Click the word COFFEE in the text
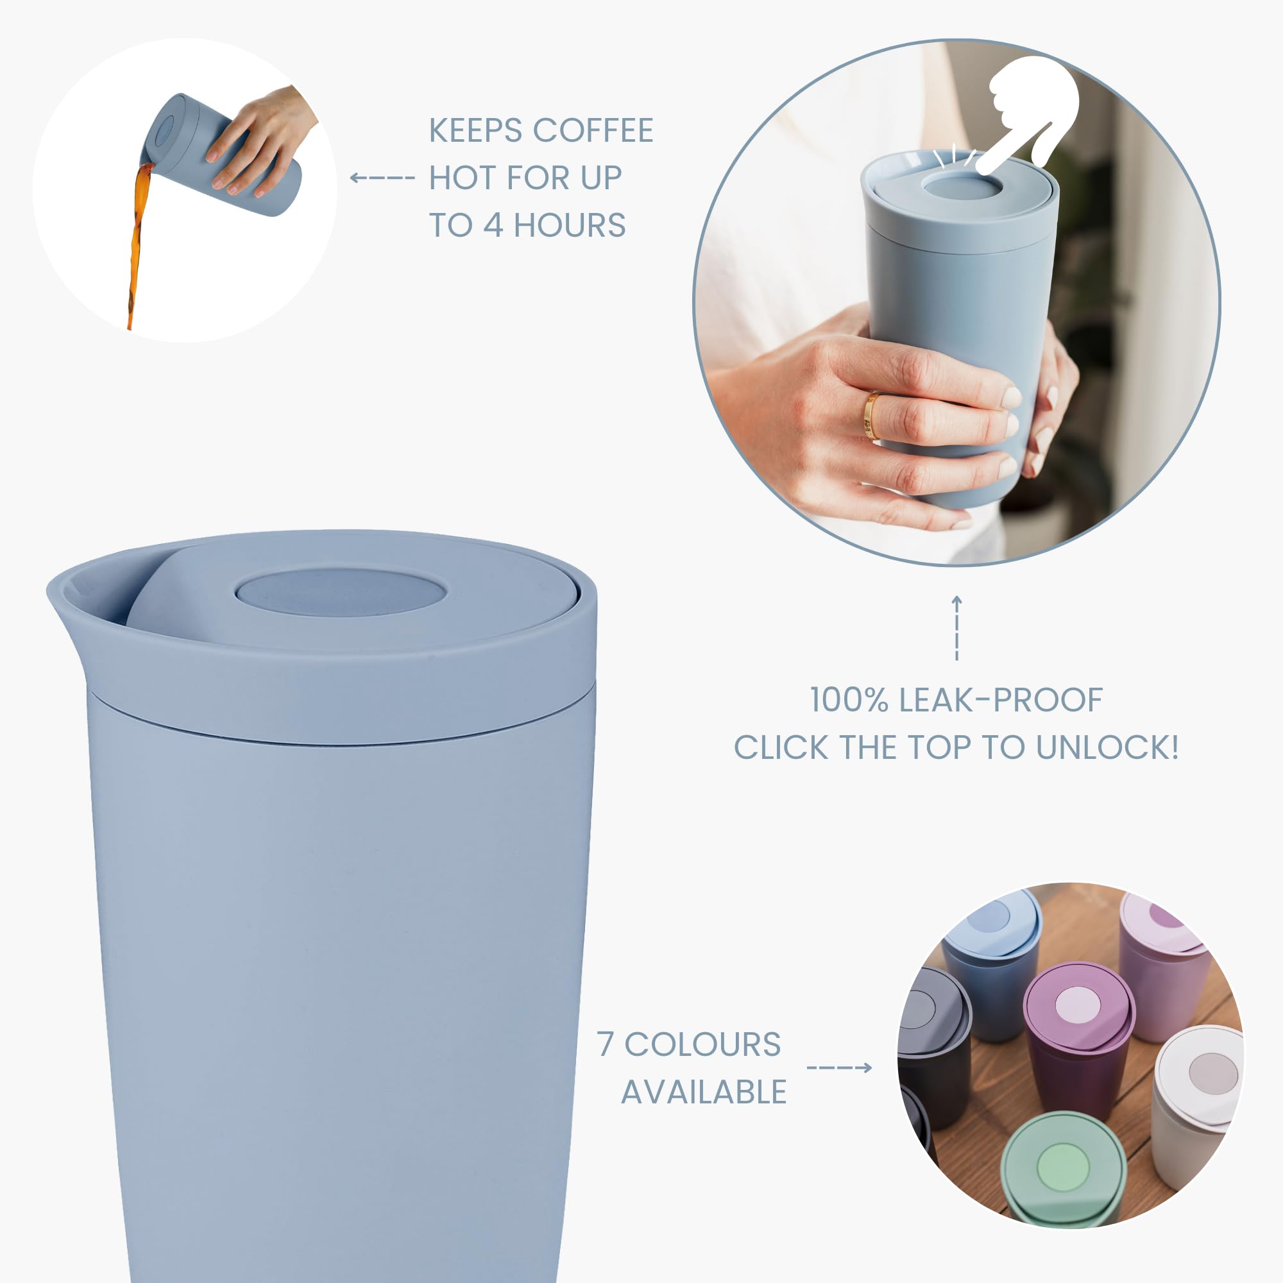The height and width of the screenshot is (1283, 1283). click(593, 130)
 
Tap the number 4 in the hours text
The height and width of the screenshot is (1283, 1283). click(492, 226)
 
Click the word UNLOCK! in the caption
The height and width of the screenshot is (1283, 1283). click(1107, 748)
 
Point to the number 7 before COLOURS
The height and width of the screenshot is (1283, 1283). click(604, 1044)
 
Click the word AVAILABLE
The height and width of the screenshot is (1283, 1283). click(704, 1092)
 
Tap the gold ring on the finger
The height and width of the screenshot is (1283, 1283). click(872, 416)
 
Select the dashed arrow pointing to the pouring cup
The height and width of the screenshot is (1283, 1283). click(382, 177)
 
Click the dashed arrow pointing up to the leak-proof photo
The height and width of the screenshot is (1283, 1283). click(956, 628)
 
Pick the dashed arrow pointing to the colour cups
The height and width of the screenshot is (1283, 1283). click(839, 1068)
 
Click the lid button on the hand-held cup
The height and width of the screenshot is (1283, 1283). click(956, 186)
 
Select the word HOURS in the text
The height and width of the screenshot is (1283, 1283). click(570, 226)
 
